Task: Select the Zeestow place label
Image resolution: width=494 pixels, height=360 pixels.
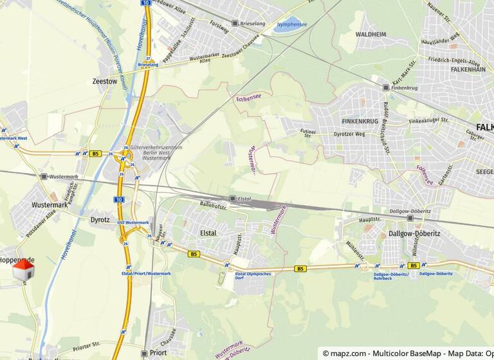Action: [104, 82]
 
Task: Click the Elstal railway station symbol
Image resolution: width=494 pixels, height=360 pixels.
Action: [233, 199]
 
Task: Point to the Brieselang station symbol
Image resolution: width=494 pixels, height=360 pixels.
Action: [235, 23]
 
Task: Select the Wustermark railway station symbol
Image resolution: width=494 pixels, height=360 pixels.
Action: [44, 176]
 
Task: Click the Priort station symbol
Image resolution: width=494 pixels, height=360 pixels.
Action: [144, 353]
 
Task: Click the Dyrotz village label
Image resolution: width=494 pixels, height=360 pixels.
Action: [100, 220]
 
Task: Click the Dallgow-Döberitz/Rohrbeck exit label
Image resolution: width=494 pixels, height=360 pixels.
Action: [391, 276]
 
